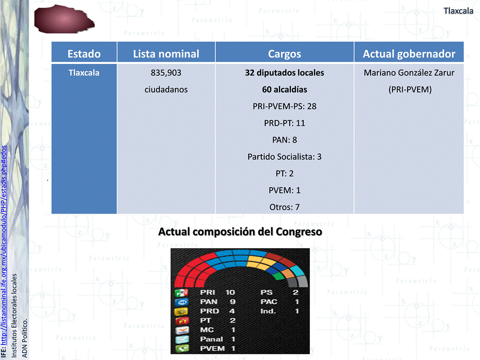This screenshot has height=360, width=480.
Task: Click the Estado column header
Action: click(x=84, y=54)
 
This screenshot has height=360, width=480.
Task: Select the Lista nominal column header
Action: click(x=166, y=54)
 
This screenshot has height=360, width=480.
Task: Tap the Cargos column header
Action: click(x=284, y=54)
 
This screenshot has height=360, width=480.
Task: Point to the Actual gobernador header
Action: click(x=409, y=54)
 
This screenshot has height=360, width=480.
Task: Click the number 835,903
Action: click(x=166, y=73)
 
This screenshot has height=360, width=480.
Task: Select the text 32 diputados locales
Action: click(x=284, y=73)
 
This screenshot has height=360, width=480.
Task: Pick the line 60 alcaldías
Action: click(x=284, y=89)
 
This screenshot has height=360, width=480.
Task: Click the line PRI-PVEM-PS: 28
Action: click(x=284, y=106)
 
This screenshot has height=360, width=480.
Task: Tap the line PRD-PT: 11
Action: click(x=284, y=123)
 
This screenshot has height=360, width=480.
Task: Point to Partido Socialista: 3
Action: click(x=284, y=157)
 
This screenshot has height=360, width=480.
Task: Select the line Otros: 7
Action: click(x=284, y=207)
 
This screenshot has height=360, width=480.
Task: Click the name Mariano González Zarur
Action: click(x=409, y=73)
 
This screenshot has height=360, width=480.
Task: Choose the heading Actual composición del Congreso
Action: click(x=240, y=232)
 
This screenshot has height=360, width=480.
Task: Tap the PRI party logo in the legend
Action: click(x=181, y=293)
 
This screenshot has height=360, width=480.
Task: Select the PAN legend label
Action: click(x=208, y=302)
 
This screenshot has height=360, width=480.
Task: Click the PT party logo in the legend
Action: click(x=182, y=321)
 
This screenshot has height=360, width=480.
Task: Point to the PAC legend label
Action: click(x=269, y=302)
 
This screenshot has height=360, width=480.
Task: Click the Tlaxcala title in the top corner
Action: click(x=458, y=11)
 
